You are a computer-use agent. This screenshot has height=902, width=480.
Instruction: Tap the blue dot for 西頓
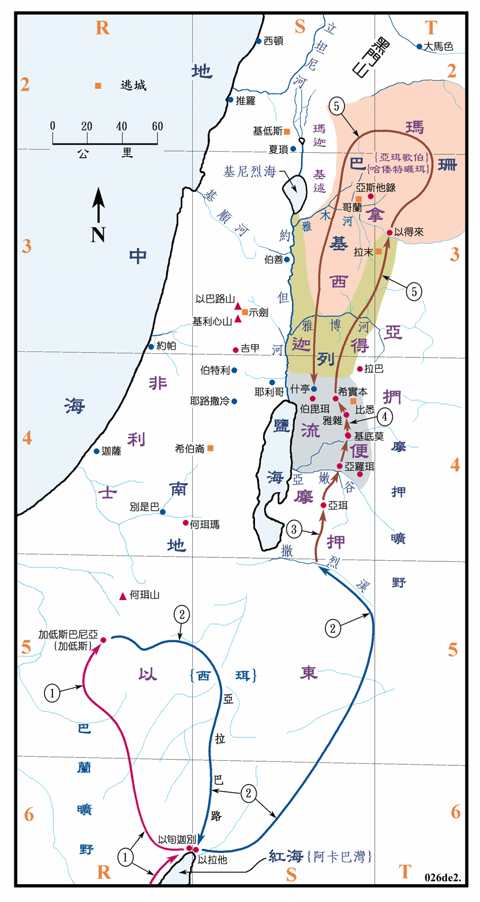(258, 41)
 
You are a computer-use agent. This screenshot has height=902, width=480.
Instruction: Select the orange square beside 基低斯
(287, 131)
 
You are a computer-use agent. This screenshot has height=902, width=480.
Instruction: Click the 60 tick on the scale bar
(157, 126)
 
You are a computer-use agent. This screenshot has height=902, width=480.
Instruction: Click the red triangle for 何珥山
(122, 596)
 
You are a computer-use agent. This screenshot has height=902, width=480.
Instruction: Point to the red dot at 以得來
(390, 232)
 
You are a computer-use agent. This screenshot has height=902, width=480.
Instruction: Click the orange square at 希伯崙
(211, 448)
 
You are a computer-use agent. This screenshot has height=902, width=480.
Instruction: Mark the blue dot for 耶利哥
(272, 382)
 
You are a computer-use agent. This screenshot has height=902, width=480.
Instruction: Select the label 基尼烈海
(253, 171)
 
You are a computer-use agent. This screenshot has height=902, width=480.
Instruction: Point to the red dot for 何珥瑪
(186, 523)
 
